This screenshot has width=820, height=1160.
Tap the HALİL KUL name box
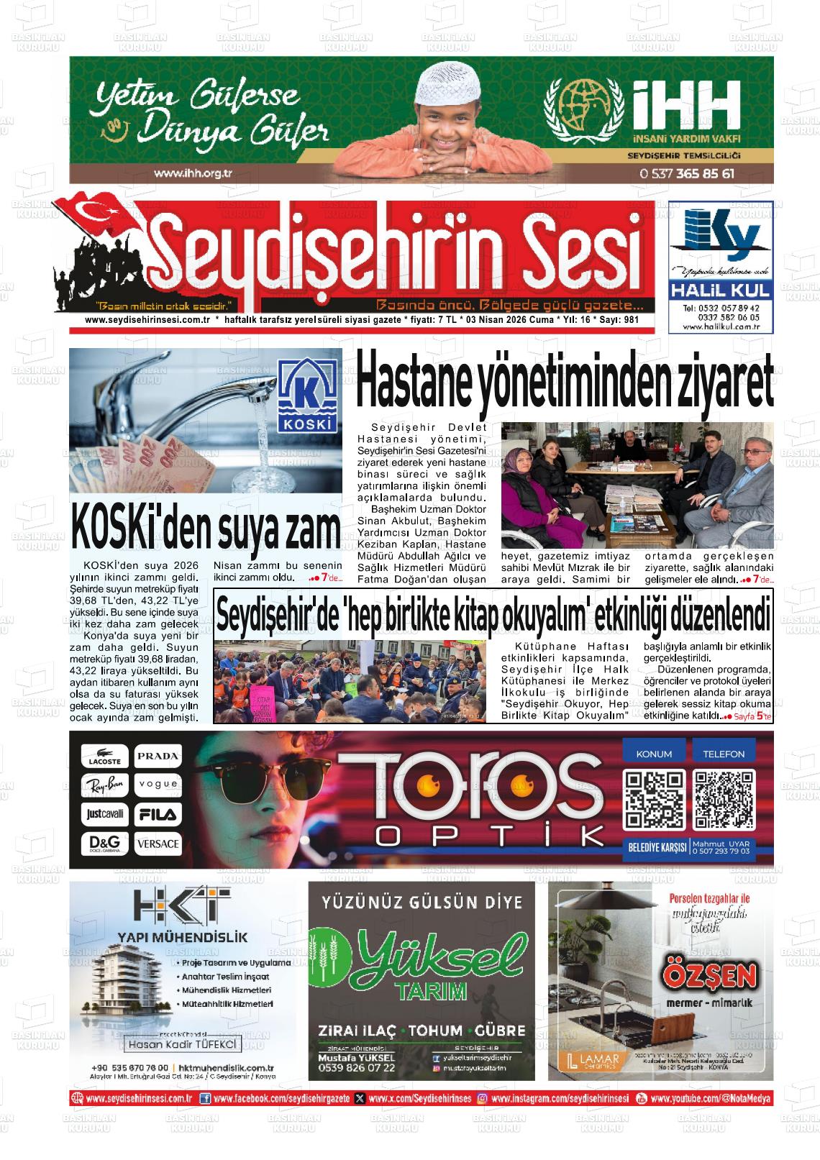coord(721,291)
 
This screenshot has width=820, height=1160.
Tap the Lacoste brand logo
coord(105,756)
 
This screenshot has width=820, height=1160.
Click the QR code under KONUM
coord(654,800)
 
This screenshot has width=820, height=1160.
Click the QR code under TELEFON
coord(724,800)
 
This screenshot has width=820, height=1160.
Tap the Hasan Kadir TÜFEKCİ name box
coord(182,1043)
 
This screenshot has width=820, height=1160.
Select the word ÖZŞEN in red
coord(709,975)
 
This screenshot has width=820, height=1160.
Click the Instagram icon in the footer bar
coord(483,1099)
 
